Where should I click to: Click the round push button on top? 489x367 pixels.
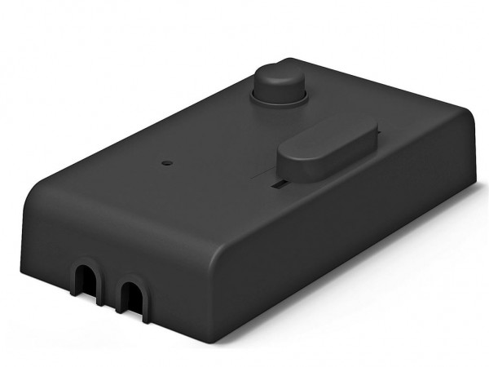click(279, 79)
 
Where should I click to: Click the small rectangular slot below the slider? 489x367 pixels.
click(279, 186)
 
